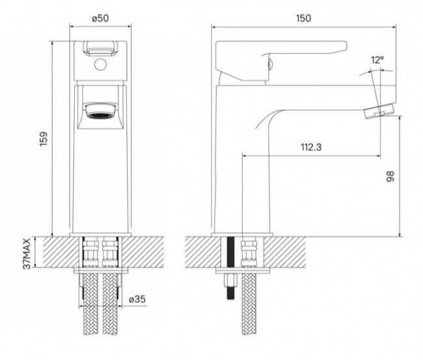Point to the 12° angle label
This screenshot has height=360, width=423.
[x=377, y=61]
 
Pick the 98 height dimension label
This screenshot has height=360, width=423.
[x=390, y=177]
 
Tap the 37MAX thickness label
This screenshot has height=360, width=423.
[x=27, y=253]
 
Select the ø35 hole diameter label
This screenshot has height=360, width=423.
[x=137, y=299]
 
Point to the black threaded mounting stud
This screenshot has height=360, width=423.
[x=230, y=260]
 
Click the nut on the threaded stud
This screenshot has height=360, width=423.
[x=230, y=284]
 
